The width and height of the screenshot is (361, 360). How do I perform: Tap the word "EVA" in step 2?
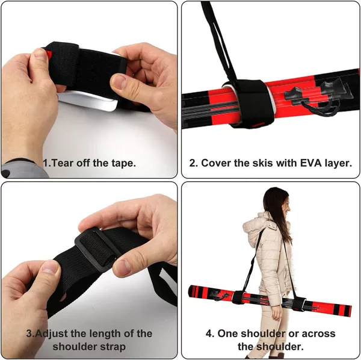click(x=310, y=163)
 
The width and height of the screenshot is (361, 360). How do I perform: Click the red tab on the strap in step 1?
click(x=49, y=54)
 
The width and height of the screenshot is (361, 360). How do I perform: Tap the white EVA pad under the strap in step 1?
click(x=88, y=101)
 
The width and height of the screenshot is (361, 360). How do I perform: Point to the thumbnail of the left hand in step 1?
click(x=40, y=55)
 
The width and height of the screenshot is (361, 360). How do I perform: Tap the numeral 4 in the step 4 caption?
click(x=209, y=334)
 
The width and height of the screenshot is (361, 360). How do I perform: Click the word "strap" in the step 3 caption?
click(x=113, y=347)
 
